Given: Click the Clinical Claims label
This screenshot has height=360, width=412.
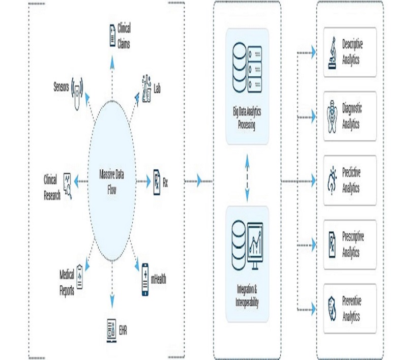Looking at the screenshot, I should coord(124,36).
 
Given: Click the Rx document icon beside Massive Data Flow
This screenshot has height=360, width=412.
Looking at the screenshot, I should coord(157,180).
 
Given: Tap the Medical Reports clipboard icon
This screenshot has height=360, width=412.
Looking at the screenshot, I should coord(80,277).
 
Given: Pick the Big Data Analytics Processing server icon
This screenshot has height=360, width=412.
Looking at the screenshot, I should coord(247,69).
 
